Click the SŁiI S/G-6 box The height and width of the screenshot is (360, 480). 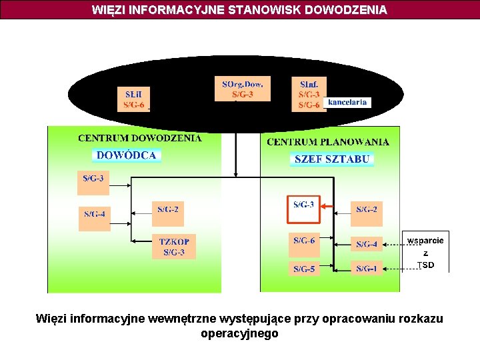[x=134, y=99]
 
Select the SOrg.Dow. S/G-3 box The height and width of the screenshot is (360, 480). [x=243, y=89]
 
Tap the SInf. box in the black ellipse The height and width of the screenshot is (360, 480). [x=309, y=94]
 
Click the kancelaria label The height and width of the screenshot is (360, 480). [x=347, y=103]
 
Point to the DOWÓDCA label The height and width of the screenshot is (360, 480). [x=127, y=155]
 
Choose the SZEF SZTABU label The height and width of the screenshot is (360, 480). [x=332, y=159]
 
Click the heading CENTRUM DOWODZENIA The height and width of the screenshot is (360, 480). [x=139, y=139]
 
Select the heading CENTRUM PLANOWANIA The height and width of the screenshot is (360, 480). [x=328, y=142]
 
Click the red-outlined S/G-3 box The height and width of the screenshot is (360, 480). [x=303, y=209]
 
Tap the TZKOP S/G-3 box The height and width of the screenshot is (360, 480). [x=174, y=247]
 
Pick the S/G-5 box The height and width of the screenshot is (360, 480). [x=303, y=269]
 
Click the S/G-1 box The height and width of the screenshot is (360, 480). [x=366, y=269]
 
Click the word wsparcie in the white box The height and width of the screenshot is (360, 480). [x=425, y=241]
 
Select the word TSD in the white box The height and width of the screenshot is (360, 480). [x=425, y=265]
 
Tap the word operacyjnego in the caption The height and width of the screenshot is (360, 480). [x=239, y=333]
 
